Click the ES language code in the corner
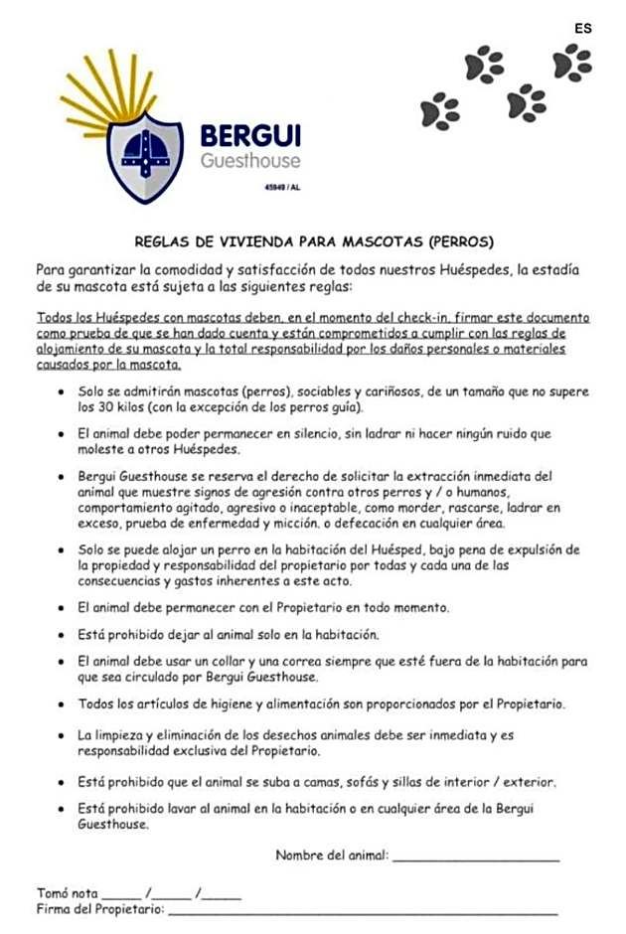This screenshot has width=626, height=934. (x=582, y=28)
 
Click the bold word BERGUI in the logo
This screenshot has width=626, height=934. (x=250, y=136)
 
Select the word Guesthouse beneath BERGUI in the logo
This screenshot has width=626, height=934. (x=249, y=161)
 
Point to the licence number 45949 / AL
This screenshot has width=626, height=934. (x=283, y=187)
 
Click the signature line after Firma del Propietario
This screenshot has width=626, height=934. (x=363, y=912)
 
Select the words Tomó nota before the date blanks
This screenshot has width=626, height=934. (x=67, y=893)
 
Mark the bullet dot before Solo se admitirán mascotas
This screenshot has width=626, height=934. (x=64, y=392)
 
